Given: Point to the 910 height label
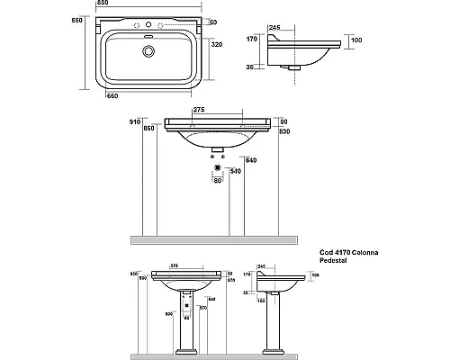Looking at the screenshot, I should pyautogui.click(x=136, y=120).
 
